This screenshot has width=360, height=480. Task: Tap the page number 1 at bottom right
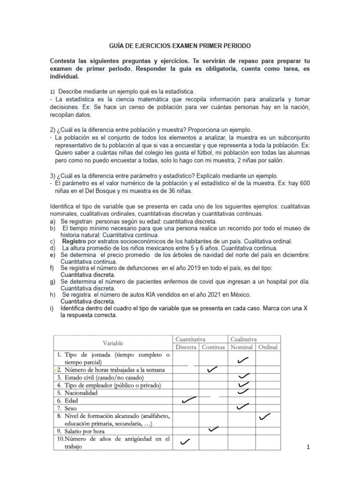point(308,447)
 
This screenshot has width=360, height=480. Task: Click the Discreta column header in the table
point(186,347)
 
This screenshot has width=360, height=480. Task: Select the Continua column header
point(214,347)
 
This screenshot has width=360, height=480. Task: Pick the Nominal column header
point(241,347)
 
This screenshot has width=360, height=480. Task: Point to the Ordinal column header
point(268,347)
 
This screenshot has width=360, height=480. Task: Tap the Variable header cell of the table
point(113,343)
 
